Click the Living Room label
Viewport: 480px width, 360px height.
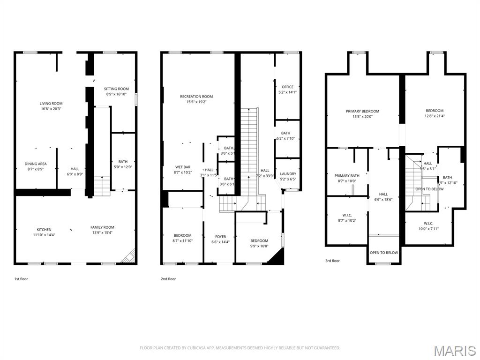pos(51,104)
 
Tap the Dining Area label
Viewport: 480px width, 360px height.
pos(34,164)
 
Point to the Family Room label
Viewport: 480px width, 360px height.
pos(102,227)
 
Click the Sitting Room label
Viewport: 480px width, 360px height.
pos(116,89)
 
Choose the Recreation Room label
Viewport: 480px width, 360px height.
pos(196,97)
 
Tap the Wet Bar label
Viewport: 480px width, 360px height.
pos(182,167)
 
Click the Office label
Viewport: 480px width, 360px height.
pos(287,87)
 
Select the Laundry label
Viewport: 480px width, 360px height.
pos(287,174)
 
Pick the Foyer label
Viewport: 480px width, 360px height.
pos(220,237)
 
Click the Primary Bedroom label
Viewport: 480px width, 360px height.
pos(362,111)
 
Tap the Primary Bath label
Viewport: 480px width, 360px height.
pos(347,176)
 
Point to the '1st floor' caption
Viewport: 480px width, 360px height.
pos(21,279)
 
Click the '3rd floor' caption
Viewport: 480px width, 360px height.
pos(332,261)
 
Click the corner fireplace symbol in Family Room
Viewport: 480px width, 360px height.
pos(129,256)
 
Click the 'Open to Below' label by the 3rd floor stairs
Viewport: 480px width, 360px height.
pos(429,189)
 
